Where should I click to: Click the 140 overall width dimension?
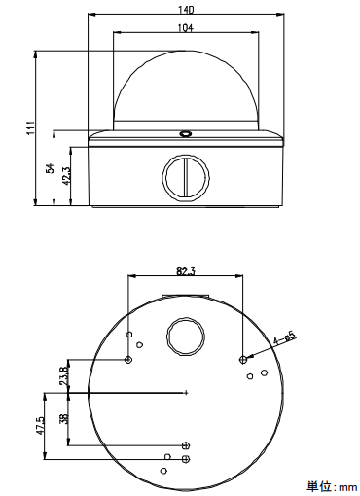point(186,10)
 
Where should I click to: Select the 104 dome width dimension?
point(186,28)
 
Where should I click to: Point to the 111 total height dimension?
point(30,127)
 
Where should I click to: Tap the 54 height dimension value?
point(50,168)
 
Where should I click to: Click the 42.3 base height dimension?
point(67,176)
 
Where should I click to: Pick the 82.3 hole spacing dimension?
point(186,271)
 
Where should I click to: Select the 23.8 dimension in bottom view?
point(63,375)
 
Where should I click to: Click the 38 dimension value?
point(63,418)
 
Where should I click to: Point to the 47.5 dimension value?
point(40,426)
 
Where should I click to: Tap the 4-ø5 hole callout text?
point(285,338)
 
